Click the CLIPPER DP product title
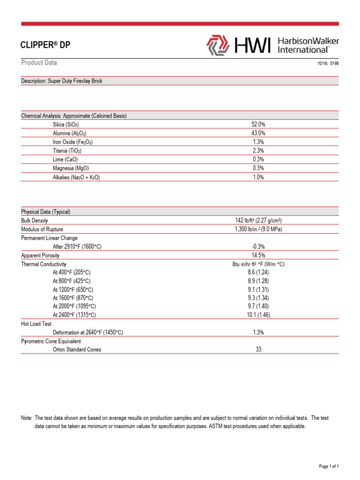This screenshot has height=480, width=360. [46, 45]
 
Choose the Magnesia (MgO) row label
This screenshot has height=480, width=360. [71, 168]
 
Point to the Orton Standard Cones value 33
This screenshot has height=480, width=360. [258, 349]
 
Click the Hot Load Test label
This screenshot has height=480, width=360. [36, 324]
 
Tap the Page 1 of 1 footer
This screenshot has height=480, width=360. [329, 466]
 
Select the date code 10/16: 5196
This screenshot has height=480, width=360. [328, 64]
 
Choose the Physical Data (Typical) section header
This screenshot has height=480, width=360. [45, 212]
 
